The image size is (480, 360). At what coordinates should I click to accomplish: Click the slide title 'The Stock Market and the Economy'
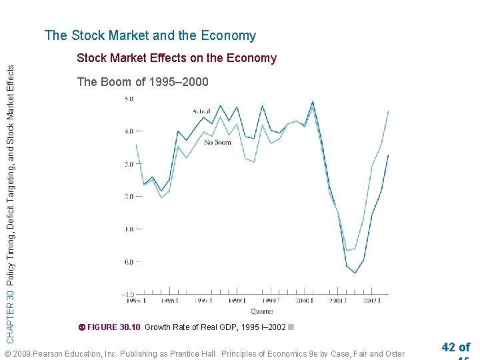coord(150,36)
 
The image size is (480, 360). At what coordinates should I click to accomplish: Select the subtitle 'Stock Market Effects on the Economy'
coord(177,58)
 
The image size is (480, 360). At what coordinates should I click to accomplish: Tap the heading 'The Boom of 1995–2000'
coord(143,82)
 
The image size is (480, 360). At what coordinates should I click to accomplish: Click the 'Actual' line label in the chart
coord(202,111)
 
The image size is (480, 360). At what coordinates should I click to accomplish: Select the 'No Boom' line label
coord(218,142)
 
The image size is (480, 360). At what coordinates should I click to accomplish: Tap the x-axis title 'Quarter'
coord(261,311)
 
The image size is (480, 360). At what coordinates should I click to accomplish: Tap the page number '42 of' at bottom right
coord(455,347)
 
